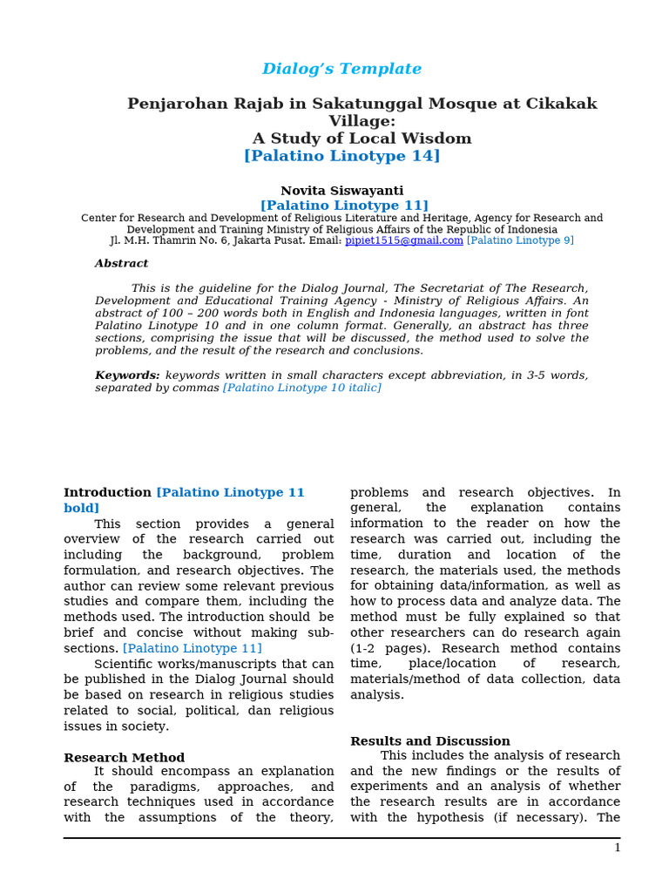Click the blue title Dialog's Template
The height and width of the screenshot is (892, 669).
tap(341, 70)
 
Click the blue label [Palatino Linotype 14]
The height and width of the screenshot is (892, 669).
tap(341, 156)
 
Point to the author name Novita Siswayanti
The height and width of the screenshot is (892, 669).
tap(341, 191)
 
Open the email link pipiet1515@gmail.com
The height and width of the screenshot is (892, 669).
tap(404, 240)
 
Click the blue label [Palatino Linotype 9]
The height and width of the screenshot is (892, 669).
tap(520, 240)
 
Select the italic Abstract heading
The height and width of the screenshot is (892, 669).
tap(121, 264)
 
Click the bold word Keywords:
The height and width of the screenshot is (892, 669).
tap(127, 375)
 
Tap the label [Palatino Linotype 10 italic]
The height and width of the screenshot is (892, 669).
tap(301, 389)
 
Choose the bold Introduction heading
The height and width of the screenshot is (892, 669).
tap(108, 493)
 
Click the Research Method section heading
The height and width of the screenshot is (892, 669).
tap(124, 758)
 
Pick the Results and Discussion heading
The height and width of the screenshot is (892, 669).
tap(430, 741)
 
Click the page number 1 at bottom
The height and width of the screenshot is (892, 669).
tap(617, 848)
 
